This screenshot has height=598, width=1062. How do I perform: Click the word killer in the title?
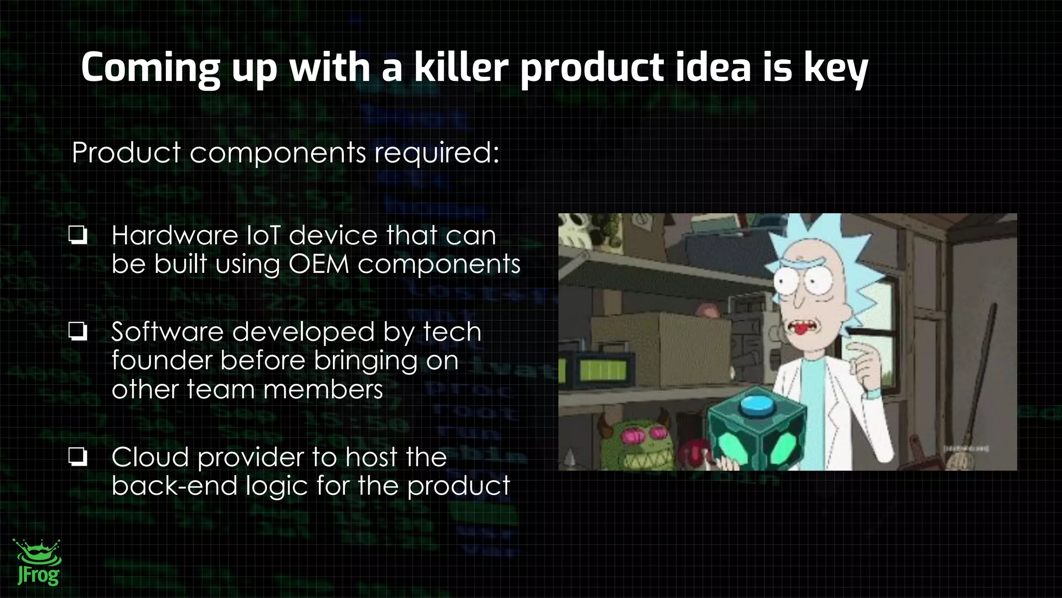[x=461, y=67]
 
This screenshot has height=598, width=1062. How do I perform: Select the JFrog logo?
[x=37, y=563]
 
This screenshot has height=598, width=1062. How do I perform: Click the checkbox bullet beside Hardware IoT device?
[x=78, y=235]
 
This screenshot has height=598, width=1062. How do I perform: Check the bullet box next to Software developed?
[x=78, y=331]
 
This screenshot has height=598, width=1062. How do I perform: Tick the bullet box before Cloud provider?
[x=78, y=457]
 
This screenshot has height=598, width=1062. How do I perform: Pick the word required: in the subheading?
[x=437, y=153]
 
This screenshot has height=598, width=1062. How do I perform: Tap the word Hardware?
[x=175, y=235]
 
